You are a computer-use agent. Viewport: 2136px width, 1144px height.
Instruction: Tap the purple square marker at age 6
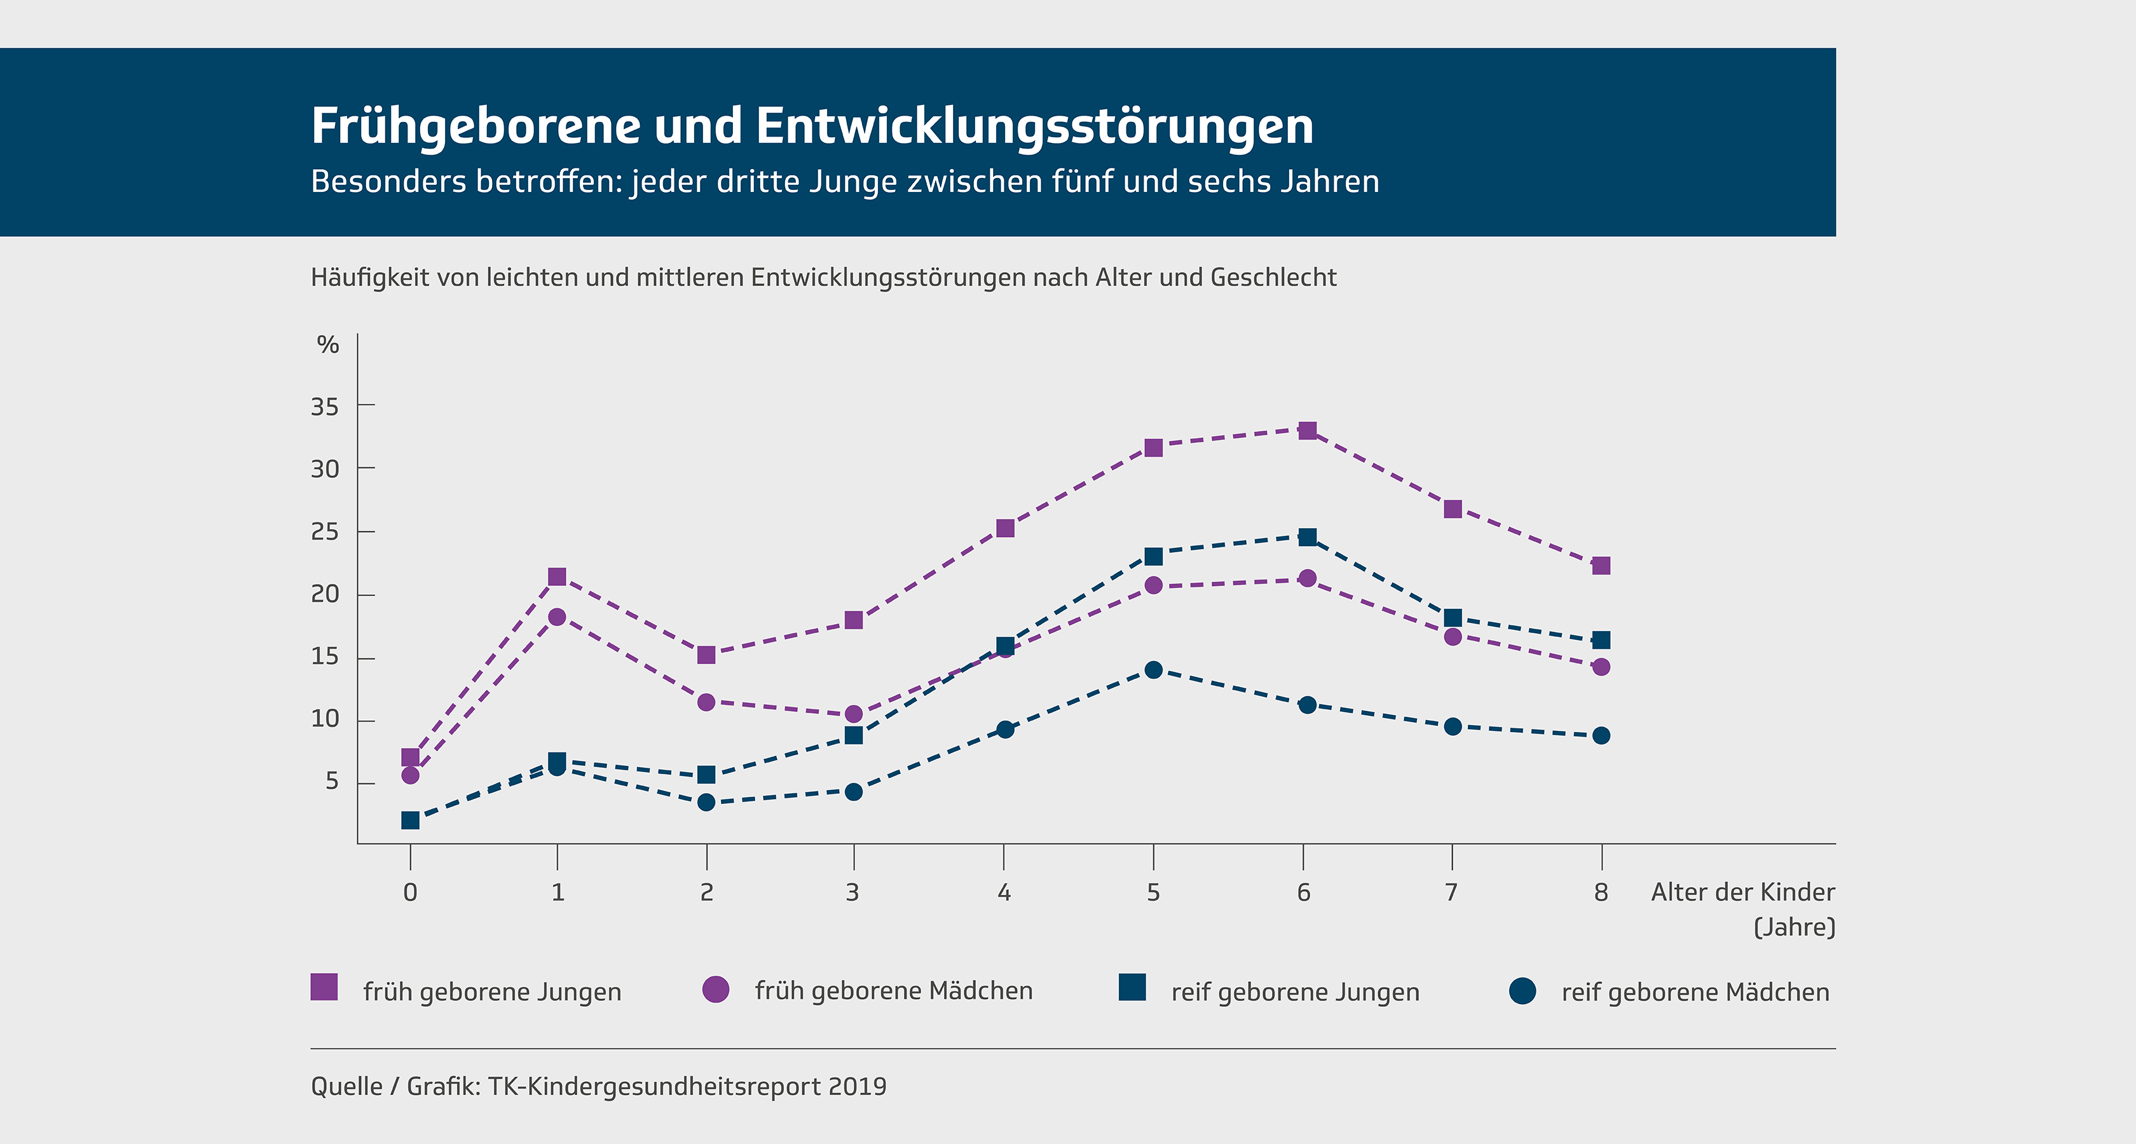click(1308, 430)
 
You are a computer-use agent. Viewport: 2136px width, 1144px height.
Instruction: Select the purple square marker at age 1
click(558, 576)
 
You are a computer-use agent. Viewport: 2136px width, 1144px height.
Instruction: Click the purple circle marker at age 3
click(853, 714)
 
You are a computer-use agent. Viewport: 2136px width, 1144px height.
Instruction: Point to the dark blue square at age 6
click(1308, 537)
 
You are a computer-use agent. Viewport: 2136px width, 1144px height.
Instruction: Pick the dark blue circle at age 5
click(1153, 670)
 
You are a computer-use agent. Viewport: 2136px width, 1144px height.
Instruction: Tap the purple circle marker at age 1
click(558, 616)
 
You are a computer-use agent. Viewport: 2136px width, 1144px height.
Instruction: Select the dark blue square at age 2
click(706, 774)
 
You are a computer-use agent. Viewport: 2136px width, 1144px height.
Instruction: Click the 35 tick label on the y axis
click(325, 406)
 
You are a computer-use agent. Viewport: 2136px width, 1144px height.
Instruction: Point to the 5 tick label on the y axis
click(332, 781)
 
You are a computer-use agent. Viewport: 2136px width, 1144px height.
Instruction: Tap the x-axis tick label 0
click(409, 892)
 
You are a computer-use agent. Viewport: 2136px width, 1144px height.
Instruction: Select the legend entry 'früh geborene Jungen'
click(491, 991)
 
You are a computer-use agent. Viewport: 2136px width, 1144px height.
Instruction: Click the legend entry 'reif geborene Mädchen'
click(1695, 991)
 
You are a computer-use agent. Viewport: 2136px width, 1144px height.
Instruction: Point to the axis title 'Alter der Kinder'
click(1742, 892)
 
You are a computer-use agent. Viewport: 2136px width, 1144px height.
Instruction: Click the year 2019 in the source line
click(856, 1086)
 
